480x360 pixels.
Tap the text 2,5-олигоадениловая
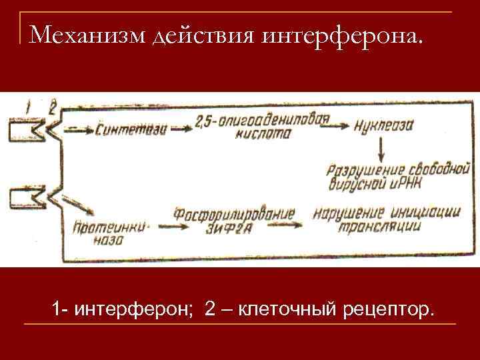[x=263, y=121]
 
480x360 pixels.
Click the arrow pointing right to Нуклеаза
[x=348, y=126]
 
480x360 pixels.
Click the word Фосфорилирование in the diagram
[x=234, y=215]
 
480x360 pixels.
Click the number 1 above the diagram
[x=27, y=105]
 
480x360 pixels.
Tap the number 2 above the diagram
[x=53, y=106]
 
